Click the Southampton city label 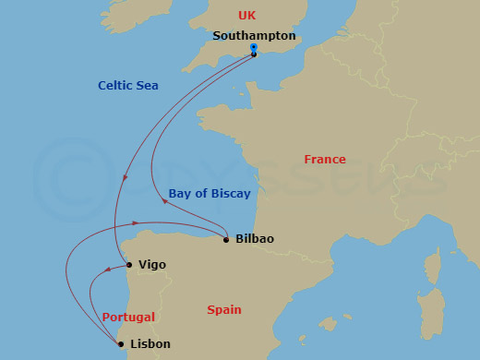click(254, 36)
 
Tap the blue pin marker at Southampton click(254, 49)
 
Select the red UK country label click(246, 15)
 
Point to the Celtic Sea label click(128, 86)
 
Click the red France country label click(325, 160)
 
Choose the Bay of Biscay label click(210, 193)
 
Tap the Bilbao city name click(255, 239)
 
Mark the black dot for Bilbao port click(226, 240)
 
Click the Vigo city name click(151, 265)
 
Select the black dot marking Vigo click(129, 265)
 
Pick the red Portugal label click(128, 317)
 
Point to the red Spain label click(224, 310)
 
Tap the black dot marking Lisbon click(122, 344)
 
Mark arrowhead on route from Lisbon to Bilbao click(136, 223)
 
